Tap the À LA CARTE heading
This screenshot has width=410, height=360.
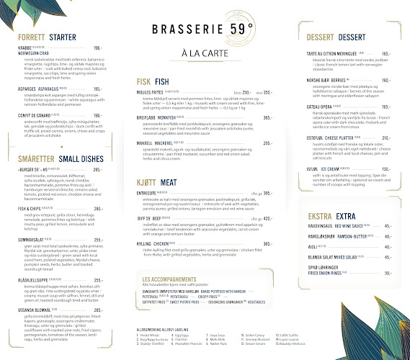point(205,53)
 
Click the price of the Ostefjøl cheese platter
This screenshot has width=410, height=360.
point(386,138)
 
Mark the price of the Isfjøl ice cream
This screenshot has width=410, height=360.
point(386,168)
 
